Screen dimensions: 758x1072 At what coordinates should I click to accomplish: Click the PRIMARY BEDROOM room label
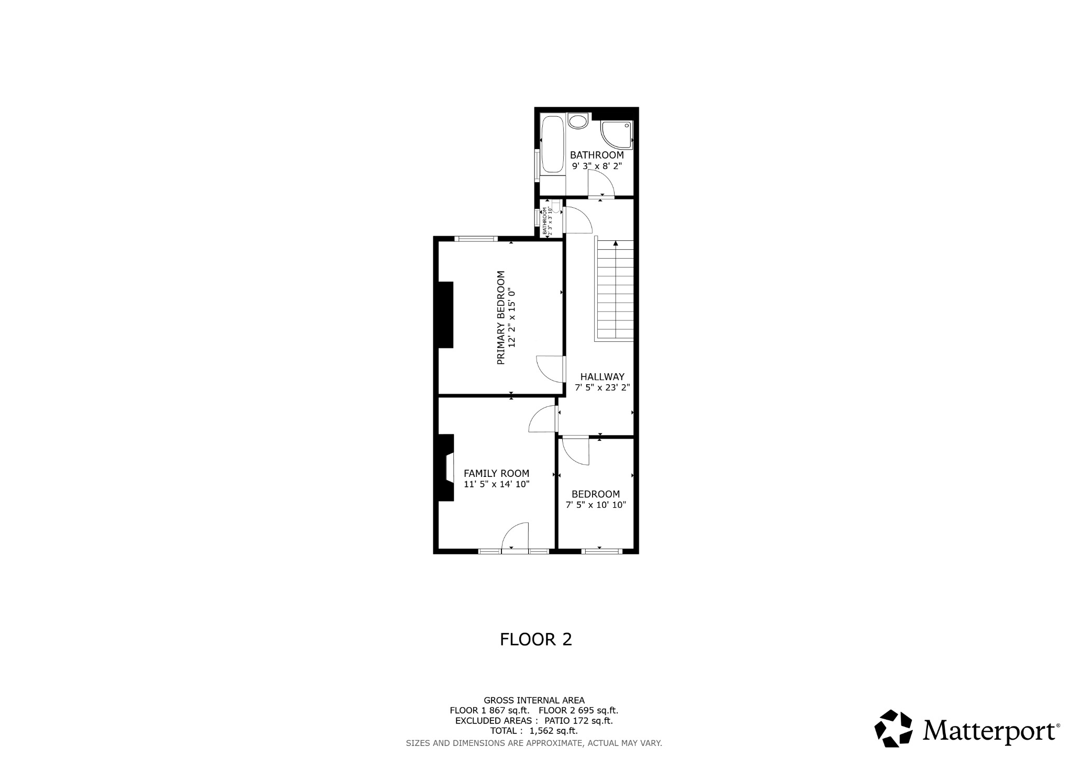500,317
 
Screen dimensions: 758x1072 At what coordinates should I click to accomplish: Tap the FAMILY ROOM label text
496,473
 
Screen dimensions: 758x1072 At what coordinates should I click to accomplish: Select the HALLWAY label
602,376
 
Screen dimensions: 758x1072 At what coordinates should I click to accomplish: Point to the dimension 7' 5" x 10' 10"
596,505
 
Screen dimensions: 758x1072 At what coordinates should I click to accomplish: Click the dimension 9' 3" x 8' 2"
597,166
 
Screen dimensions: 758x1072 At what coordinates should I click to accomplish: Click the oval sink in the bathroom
578,122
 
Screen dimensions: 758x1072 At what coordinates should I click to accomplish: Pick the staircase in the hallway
615,293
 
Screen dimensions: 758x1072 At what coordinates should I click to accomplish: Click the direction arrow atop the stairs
616,243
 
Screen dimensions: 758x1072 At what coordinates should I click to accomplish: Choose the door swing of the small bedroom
576,450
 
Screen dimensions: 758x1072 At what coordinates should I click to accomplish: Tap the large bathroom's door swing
600,184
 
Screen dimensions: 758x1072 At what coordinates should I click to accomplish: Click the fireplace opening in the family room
449,467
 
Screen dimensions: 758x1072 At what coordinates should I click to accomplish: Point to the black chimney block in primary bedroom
445,314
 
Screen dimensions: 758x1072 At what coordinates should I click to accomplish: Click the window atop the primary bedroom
476,239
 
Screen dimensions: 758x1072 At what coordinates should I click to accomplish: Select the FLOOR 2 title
535,639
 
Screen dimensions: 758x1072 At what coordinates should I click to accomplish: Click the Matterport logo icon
893,728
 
